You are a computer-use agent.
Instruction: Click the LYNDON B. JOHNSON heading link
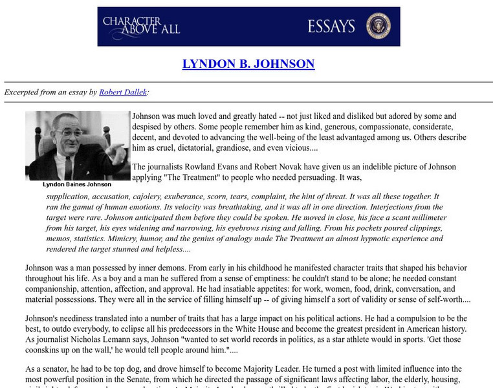click(248, 64)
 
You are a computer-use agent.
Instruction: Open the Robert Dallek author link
click(123, 92)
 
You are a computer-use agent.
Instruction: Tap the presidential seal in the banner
click(378, 27)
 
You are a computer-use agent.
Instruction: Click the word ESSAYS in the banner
click(331, 27)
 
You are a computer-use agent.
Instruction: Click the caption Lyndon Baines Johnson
click(77, 184)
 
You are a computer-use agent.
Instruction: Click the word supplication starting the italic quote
click(64, 196)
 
